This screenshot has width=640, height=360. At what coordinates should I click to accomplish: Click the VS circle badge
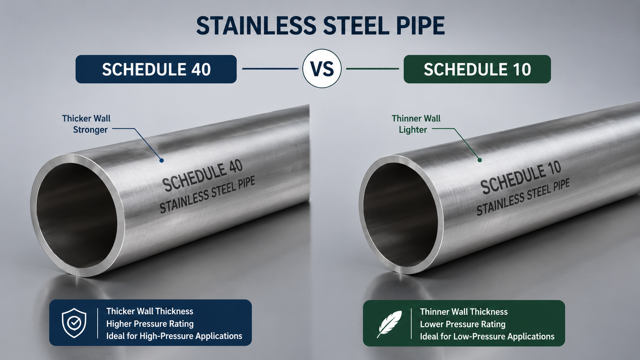[322, 68]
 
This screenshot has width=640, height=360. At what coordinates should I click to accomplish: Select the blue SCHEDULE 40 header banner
[156, 69]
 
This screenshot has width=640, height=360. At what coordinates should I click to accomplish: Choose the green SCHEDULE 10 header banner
[477, 69]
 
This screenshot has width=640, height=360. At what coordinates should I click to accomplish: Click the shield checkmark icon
[74, 323]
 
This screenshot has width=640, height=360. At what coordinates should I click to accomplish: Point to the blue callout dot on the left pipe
[162, 160]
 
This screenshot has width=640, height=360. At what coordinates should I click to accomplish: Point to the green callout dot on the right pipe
[480, 160]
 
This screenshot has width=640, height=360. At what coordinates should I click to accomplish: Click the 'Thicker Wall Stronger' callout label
[86, 124]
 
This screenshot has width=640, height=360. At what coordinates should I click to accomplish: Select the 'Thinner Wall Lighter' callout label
[416, 124]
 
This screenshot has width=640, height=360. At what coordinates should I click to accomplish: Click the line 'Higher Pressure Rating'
[150, 324]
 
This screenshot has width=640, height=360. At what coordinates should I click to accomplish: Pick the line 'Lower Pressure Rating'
[462, 324]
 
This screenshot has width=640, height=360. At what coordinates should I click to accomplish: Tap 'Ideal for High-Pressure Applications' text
[174, 336]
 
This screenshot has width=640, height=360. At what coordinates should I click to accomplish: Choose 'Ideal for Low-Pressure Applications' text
[487, 336]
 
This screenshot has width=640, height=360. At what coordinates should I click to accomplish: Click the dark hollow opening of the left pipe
[76, 216]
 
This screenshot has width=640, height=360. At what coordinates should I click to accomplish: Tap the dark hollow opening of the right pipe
[400, 214]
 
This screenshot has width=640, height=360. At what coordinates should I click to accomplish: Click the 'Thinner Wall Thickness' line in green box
[464, 312]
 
